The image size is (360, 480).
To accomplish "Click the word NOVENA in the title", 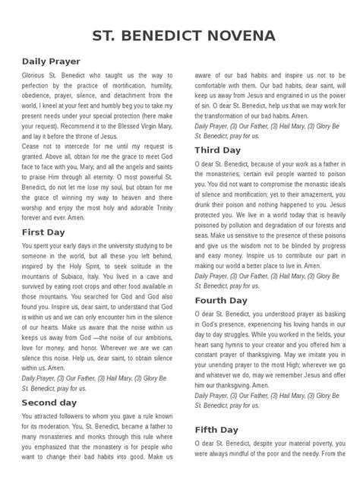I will pyautogui.click(x=235, y=36).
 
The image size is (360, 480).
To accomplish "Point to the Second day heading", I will pyautogui.click(x=49, y=402).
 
